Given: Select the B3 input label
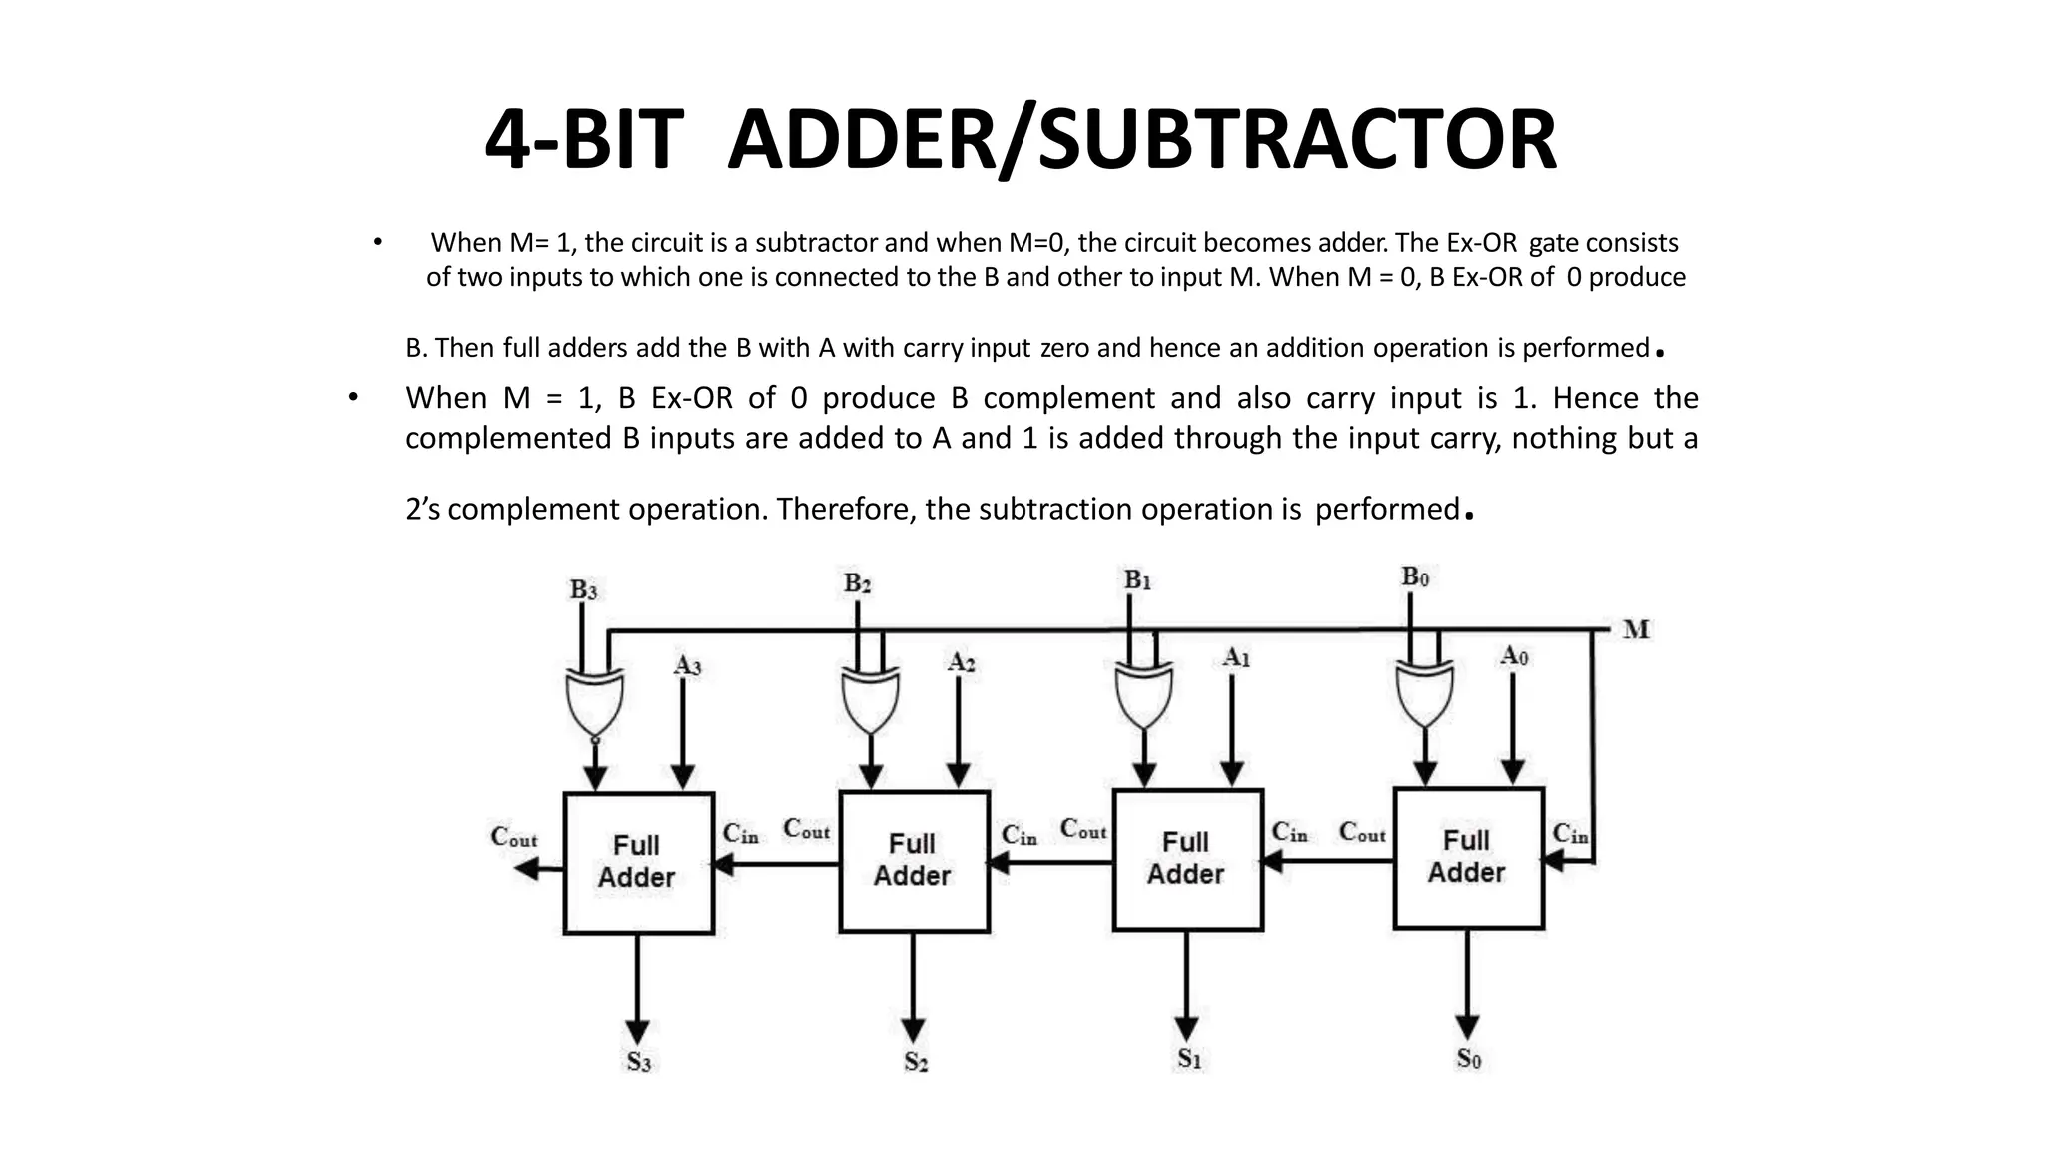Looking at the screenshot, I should (x=583, y=590).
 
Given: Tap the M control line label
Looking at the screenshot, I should (x=1636, y=630).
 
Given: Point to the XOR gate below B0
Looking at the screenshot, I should (x=1424, y=696).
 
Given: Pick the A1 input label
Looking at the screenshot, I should (x=1236, y=658).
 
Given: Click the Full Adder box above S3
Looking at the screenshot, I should (x=639, y=863).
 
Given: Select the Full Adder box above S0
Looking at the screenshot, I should (x=1468, y=858).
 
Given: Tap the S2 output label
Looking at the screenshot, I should (x=916, y=1062).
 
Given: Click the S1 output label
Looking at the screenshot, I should (x=1188, y=1059).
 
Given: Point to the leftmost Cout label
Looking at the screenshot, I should (x=513, y=837).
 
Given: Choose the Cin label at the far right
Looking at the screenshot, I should (x=1569, y=834).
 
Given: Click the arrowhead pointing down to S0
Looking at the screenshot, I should (x=1467, y=1027).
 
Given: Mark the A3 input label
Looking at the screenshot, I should (x=687, y=665).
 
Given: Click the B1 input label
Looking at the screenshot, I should (x=1137, y=580).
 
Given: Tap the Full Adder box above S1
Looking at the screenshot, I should (x=1187, y=860).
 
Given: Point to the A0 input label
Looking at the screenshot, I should (x=1514, y=656).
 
